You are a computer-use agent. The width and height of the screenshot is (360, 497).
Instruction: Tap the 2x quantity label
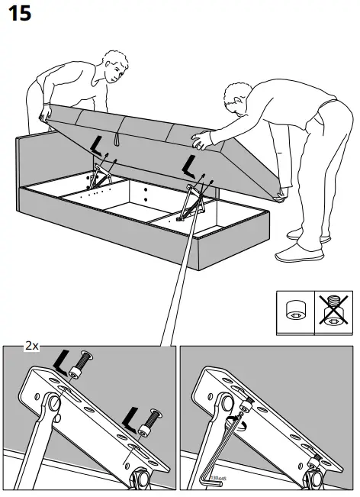(31, 345)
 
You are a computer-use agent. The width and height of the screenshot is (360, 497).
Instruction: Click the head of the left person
(114, 66)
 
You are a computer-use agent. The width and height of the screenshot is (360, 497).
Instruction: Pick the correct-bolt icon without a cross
(294, 310)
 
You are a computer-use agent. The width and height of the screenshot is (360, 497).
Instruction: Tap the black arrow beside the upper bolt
(63, 358)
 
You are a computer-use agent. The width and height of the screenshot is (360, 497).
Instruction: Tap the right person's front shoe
(295, 254)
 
